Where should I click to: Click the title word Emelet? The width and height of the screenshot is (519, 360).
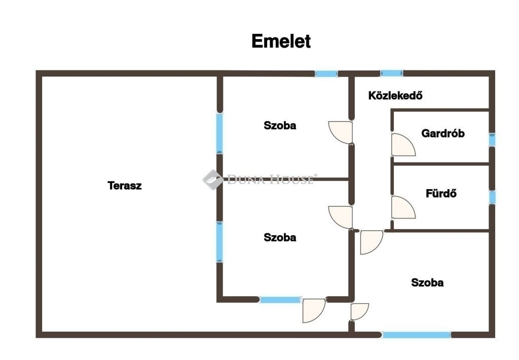click(x=281, y=42)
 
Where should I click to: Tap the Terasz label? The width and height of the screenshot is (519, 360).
click(x=125, y=186)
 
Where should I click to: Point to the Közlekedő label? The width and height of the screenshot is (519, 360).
click(x=396, y=95)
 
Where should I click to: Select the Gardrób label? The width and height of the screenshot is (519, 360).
click(x=443, y=134)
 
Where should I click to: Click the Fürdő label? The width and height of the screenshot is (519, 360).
click(x=441, y=193)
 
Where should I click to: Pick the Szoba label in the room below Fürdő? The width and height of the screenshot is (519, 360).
click(x=427, y=283)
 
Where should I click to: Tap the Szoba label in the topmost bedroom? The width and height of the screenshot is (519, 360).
click(x=280, y=126)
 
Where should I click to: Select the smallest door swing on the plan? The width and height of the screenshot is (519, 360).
click(x=358, y=311)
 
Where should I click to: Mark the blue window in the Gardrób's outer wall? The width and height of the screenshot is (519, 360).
click(x=492, y=139)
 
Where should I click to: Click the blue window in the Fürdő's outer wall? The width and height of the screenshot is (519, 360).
click(x=492, y=197)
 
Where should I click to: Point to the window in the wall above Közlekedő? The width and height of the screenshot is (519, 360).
click(x=392, y=74)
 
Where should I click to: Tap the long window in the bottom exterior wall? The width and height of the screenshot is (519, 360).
click(x=417, y=335)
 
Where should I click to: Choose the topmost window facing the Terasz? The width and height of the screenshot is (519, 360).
click(x=219, y=133)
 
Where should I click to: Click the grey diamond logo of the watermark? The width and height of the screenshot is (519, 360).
click(x=213, y=179)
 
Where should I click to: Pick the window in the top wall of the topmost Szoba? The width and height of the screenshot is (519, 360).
click(x=326, y=74)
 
